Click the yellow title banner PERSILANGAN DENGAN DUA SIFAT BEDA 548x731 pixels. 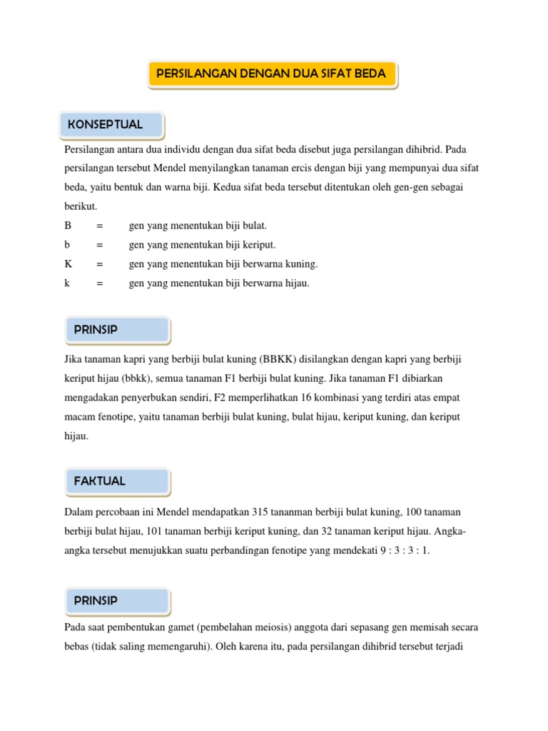pyautogui.click(x=272, y=74)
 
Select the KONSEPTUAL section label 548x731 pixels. pyautogui.click(x=106, y=125)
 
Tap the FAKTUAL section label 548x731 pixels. pyautogui.click(x=100, y=481)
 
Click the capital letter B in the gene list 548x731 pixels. pyautogui.click(x=68, y=226)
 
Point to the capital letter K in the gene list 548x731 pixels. pyautogui.click(x=68, y=264)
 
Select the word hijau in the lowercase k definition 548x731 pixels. pyautogui.click(x=295, y=283)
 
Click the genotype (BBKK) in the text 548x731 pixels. pyautogui.click(x=283, y=358)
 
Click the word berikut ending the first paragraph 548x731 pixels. pyautogui.click(x=80, y=206)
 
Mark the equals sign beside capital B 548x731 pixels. pyautogui.click(x=100, y=226)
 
